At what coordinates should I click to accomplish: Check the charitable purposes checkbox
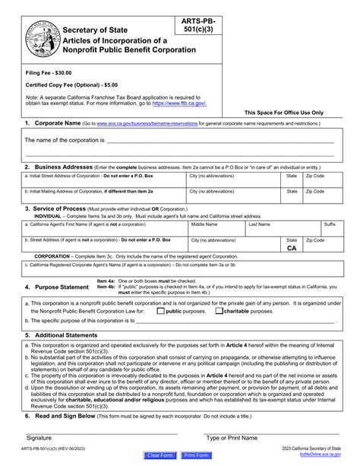point(219,311)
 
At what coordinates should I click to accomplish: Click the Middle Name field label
point(204,225)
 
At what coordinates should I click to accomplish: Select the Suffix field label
point(330,225)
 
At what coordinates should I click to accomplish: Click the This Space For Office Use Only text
point(283,112)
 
